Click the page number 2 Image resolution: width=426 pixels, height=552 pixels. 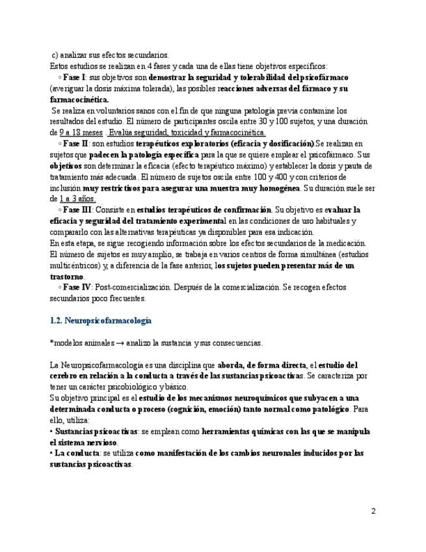click(x=373, y=510)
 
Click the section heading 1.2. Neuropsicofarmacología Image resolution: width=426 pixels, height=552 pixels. click(x=101, y=321)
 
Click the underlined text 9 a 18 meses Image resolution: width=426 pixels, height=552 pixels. click(x=77, y=132)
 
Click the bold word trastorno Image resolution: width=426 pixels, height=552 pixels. click(x=67, y=277)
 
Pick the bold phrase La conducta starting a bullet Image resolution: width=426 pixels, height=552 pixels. click(x=77, y=454)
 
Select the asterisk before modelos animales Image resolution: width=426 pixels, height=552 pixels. click(x=51, y=342)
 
